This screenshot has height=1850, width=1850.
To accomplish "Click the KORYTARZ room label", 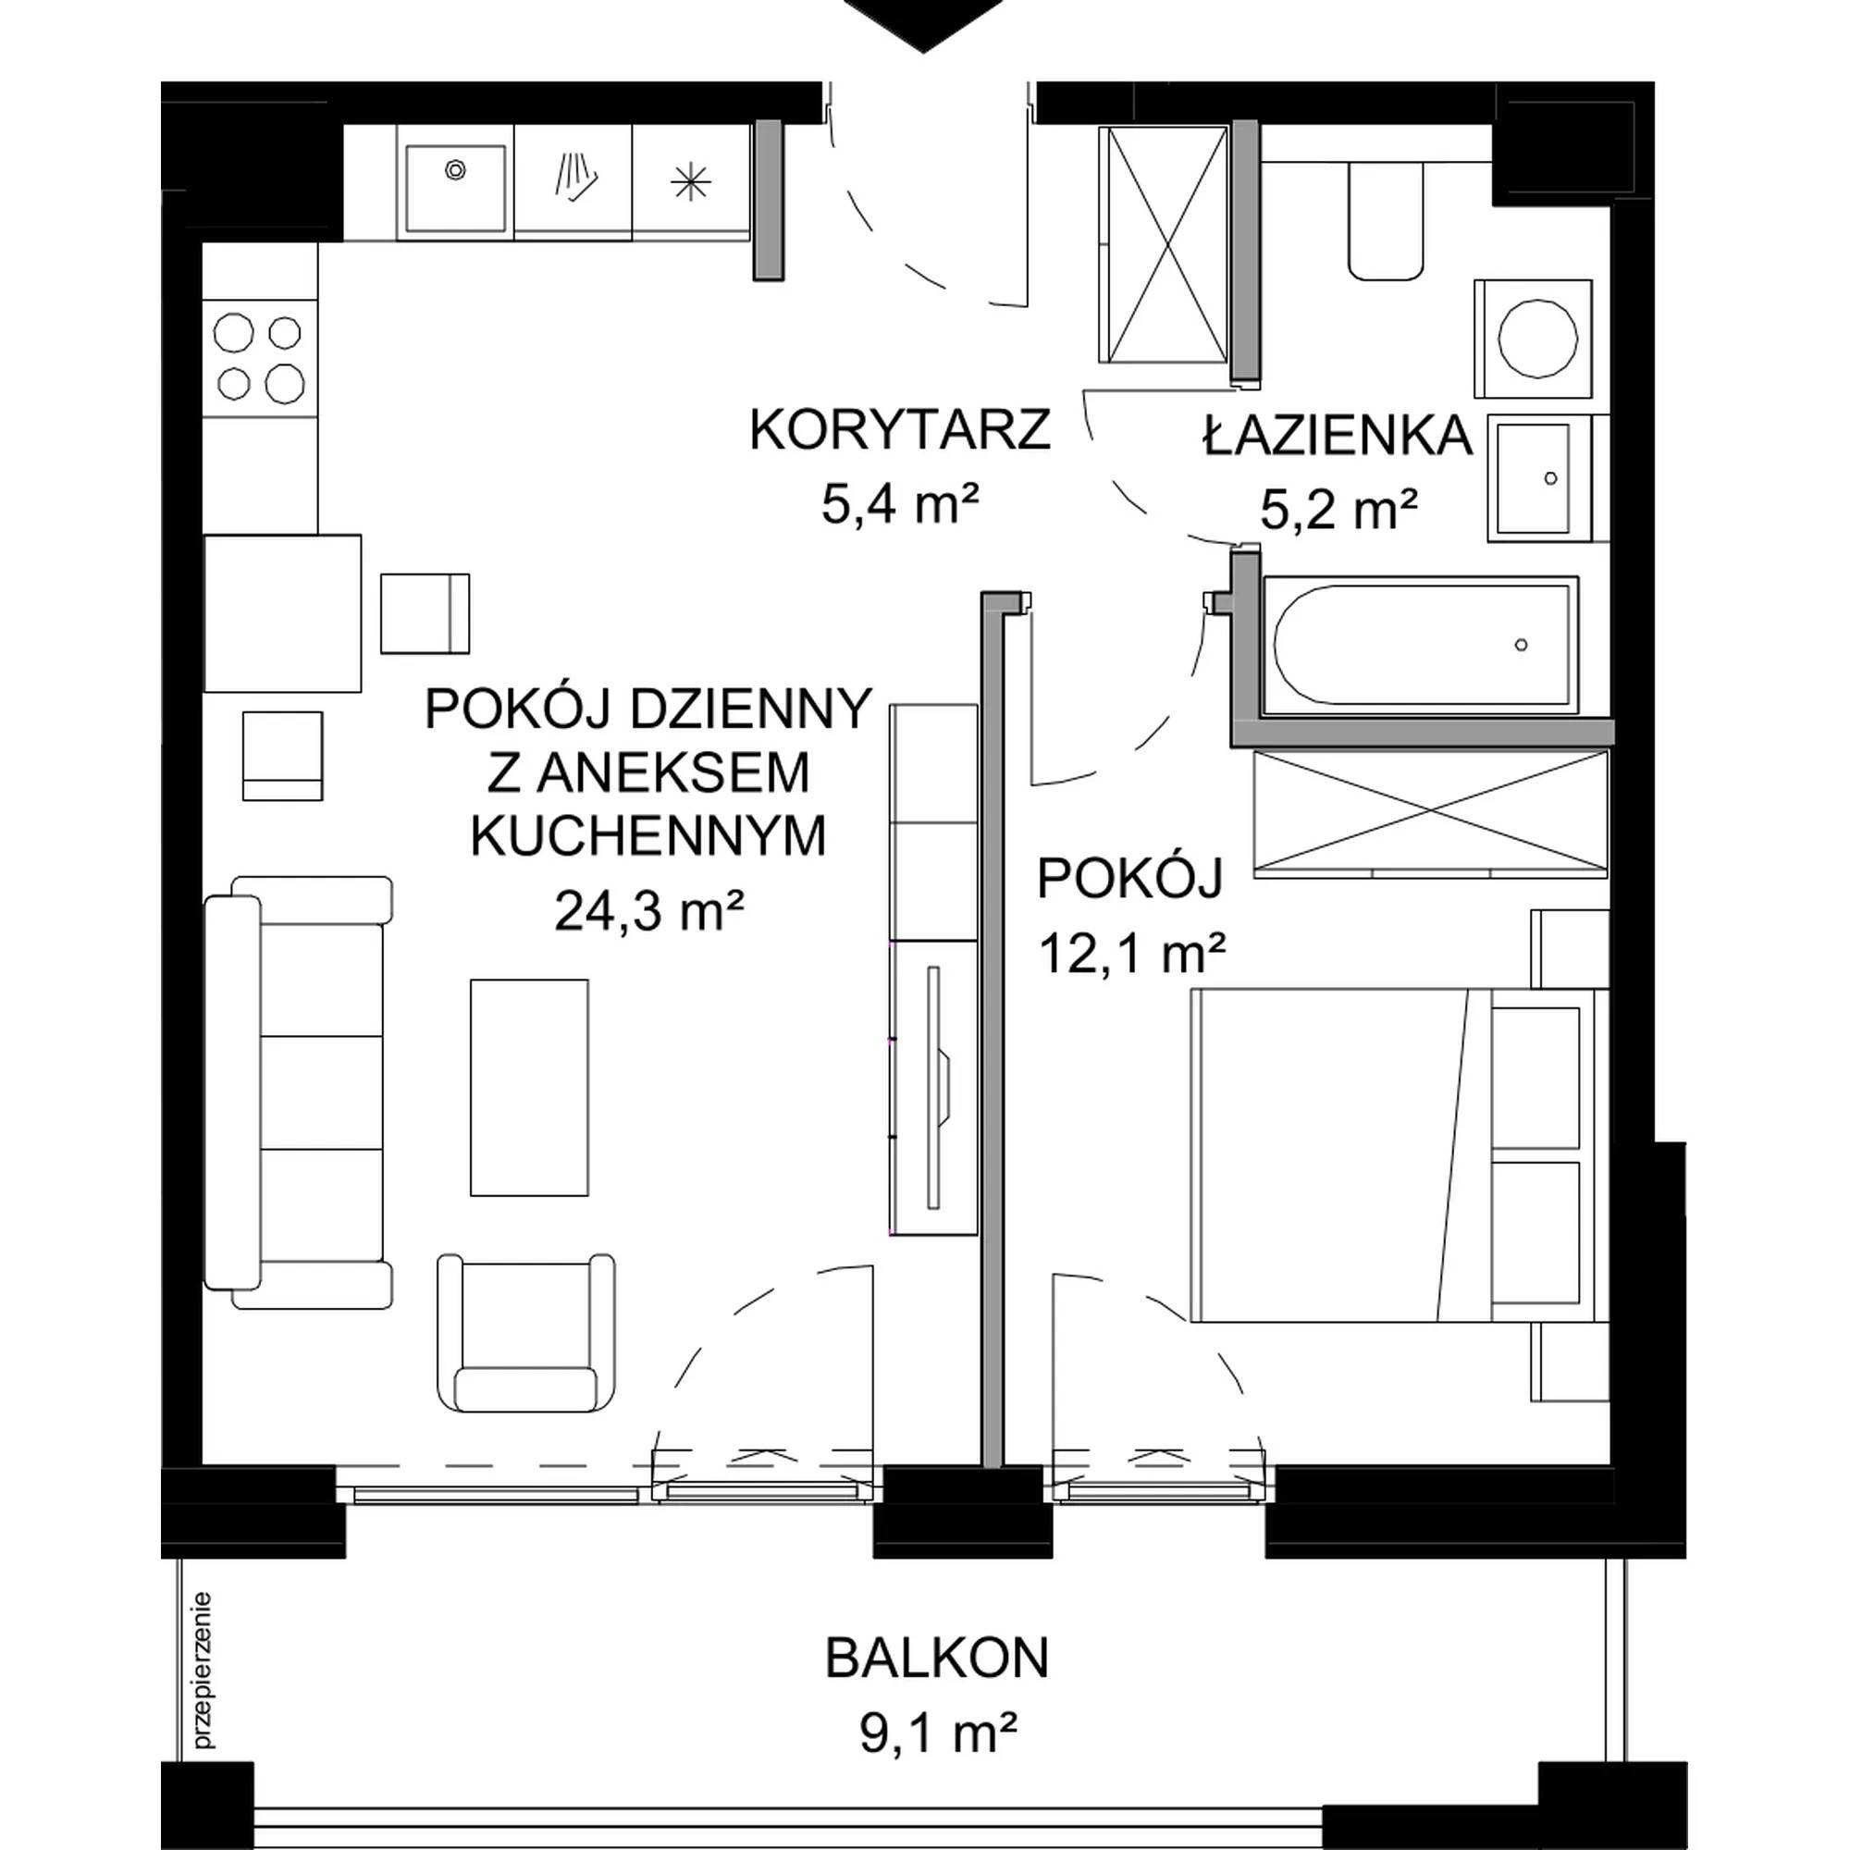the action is [x=899, y=430].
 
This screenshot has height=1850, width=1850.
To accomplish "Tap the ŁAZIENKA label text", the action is [x=1338, y=435].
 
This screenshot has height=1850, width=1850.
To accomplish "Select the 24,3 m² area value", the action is [x=649, y=910].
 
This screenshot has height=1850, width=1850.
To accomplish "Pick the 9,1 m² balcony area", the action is [x=937, y=1733].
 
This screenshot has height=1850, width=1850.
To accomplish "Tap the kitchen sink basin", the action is [x=455, y=188].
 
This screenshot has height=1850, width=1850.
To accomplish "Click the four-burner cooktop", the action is [x=260, y=358].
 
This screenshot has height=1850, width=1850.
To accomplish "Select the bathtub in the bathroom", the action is [x=1420, y=646].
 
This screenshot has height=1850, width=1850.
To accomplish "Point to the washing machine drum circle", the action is [x=1538, y=339].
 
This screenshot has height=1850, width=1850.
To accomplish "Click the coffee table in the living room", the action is [x=528, y=1087].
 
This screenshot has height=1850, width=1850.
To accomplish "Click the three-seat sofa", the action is [x=298, y=1092].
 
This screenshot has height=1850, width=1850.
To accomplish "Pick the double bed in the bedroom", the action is [x=1398, y=1154].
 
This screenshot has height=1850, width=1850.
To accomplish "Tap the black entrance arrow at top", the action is [x=923, y=25].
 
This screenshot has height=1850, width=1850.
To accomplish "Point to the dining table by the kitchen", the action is [x=282, y=613].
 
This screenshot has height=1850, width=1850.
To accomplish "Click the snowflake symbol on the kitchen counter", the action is [x=689, y=182].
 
